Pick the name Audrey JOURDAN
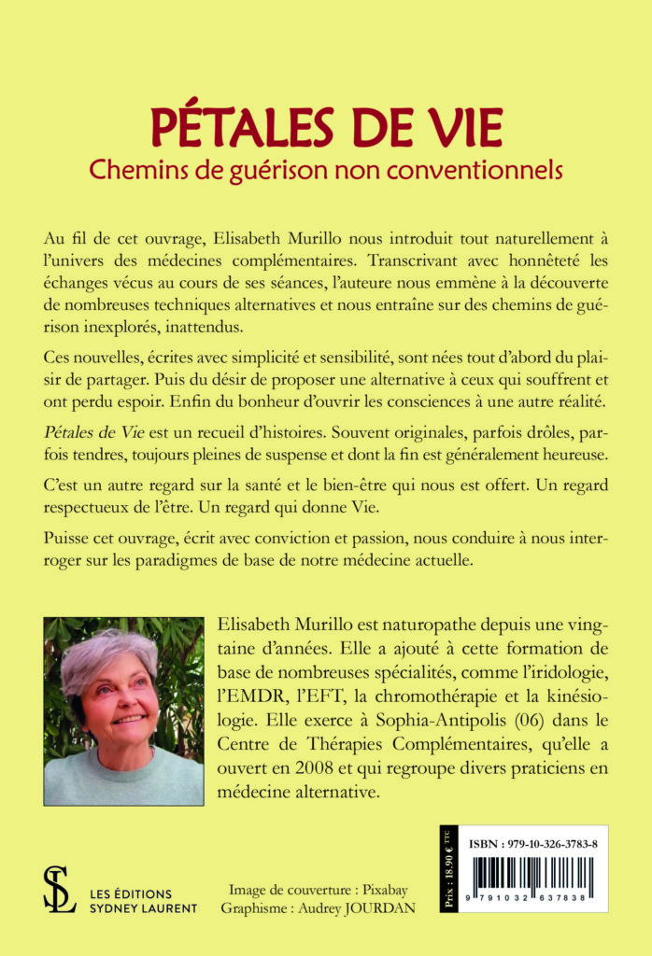(x=368, y=908)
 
